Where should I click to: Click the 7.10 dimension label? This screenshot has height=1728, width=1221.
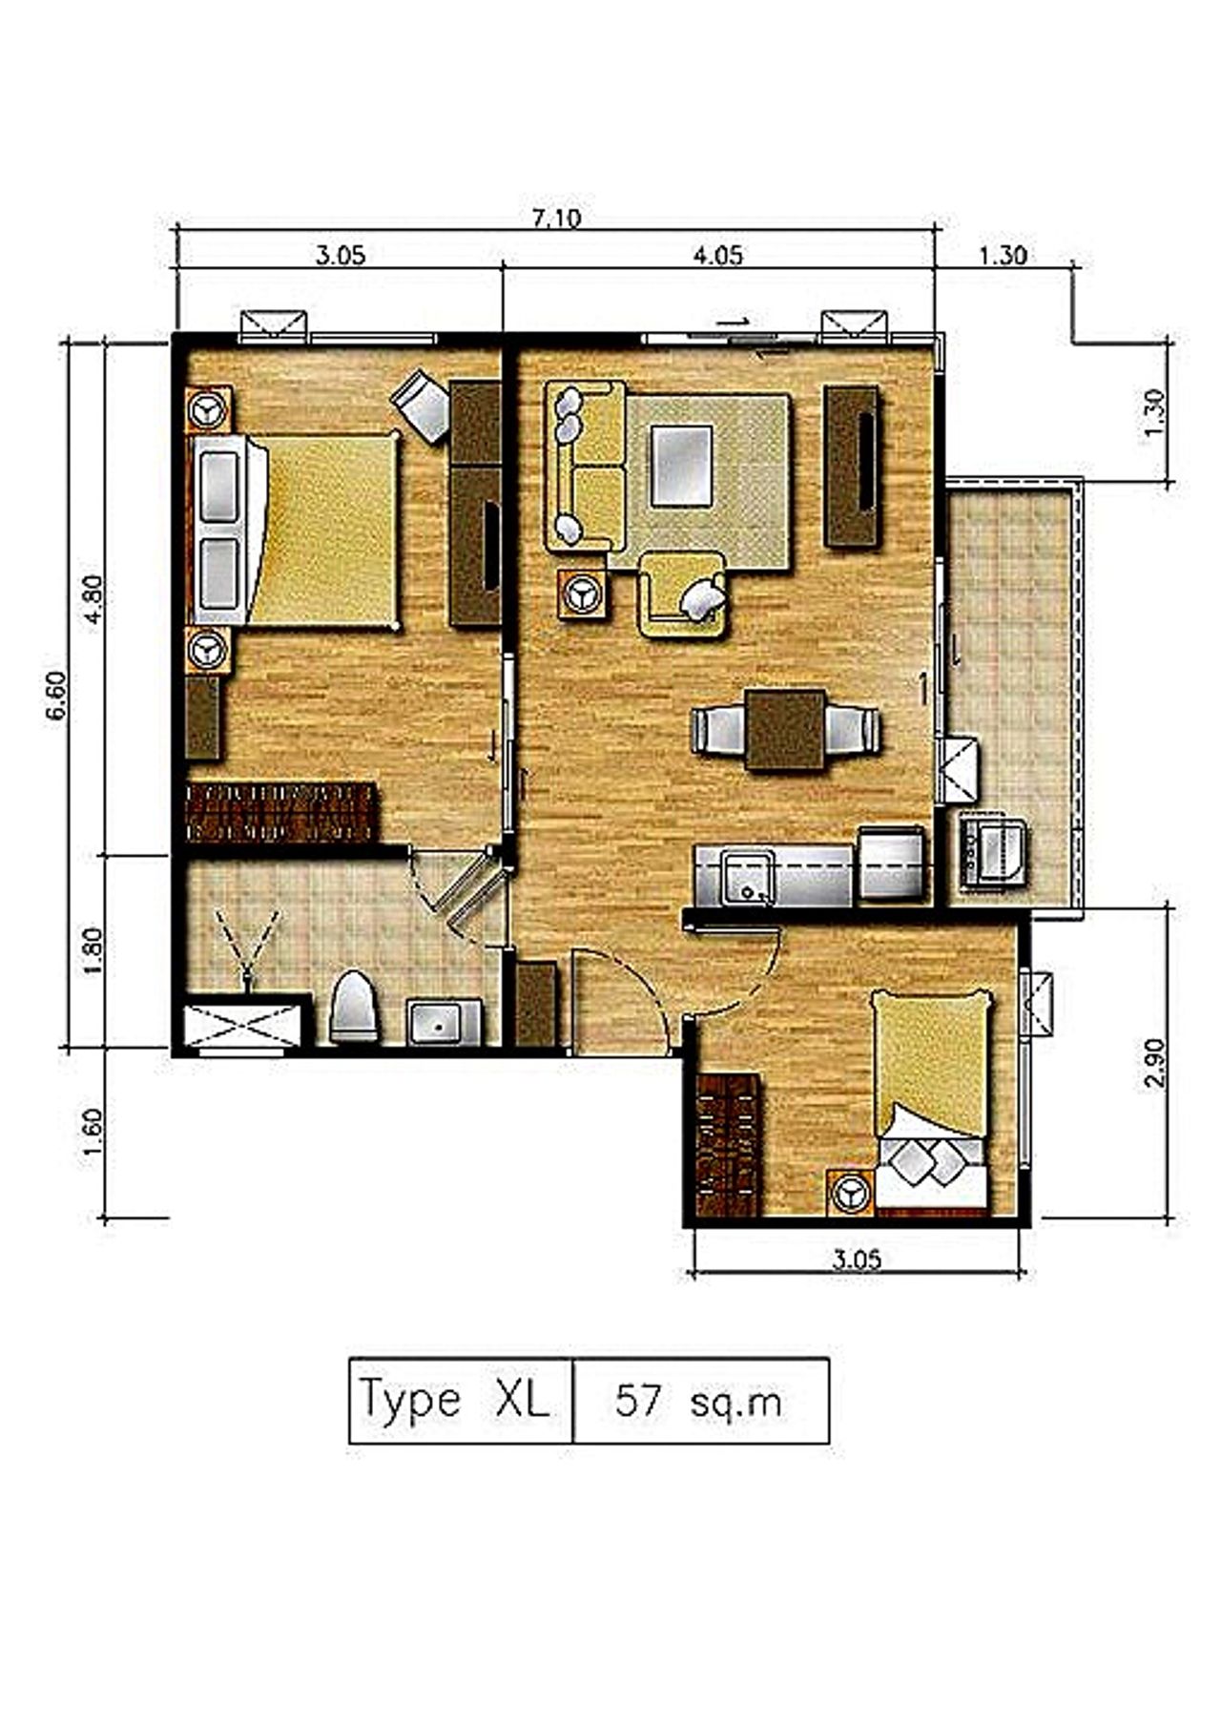(555, 219)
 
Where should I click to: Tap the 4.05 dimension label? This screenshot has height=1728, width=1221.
(718, 255)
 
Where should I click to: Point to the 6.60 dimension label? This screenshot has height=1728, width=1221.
(57, 697)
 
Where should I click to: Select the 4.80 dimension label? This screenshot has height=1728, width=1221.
(95, 601)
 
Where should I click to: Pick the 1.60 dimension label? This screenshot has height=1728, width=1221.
(95, 1133)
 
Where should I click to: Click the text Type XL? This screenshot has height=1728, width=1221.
(454, 1400)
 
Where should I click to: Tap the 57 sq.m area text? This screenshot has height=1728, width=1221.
(698, 1402)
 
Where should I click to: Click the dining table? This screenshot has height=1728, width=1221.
(786, 729)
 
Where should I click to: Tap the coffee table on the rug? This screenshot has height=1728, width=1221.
(681, 467)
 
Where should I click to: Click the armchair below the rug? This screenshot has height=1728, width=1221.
(683, 593)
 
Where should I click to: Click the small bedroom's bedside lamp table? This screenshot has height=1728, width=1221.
(851, 1192)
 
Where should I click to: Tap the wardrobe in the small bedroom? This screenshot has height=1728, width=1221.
(728, 1145)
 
